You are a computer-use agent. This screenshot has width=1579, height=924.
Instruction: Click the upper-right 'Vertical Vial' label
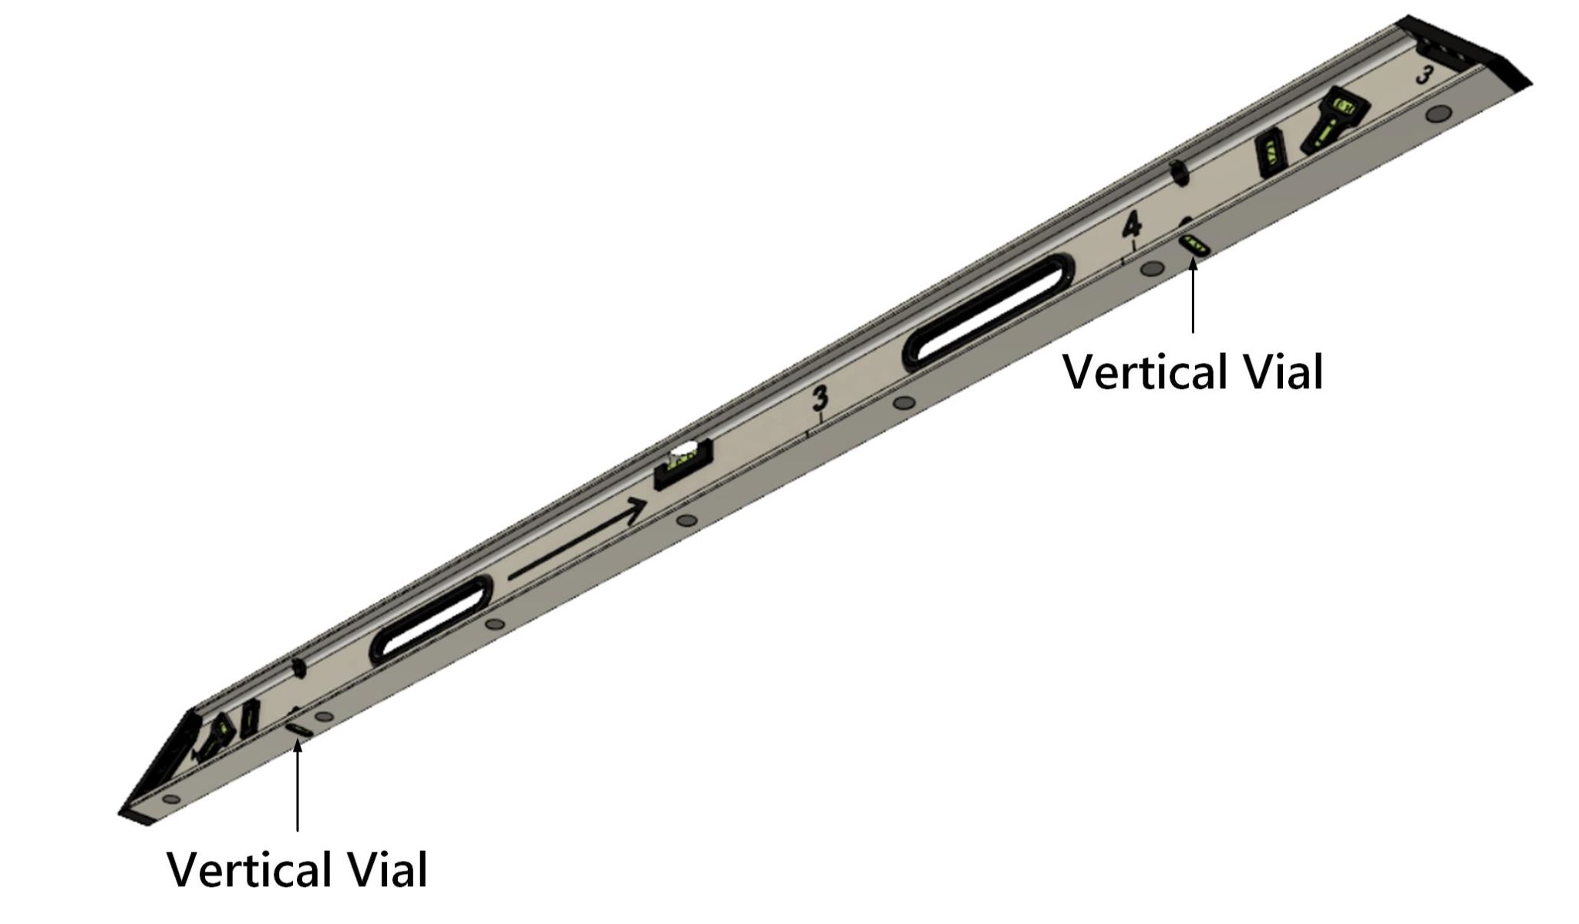pyautogui.click(x=1193, y=372)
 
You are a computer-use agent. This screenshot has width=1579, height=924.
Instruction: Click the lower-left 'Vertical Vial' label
pyautogui.click(x=297, y=870)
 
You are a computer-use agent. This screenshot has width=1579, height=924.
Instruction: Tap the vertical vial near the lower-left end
pyautogui.click(x=298, y=728)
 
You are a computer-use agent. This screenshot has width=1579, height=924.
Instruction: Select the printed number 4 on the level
pyautogui.click(x=1131, y=225)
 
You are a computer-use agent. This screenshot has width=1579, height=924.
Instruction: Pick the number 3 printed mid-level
pyautogui.click(x=820, y=399)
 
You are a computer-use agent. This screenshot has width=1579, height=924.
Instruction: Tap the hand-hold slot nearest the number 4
pyautogui.click(x=988, y=313)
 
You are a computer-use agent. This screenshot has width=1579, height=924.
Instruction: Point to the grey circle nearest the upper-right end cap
pyautogui.click(x=1435, y=114)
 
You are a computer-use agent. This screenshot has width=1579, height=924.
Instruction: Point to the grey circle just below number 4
pyautogui.click(x=1152, y=268)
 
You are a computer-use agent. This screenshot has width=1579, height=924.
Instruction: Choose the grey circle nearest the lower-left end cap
pyautogui.click(x=171, y=798)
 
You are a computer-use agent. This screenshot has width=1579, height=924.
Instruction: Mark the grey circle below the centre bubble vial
pyautogui.click(x=684, y=521)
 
